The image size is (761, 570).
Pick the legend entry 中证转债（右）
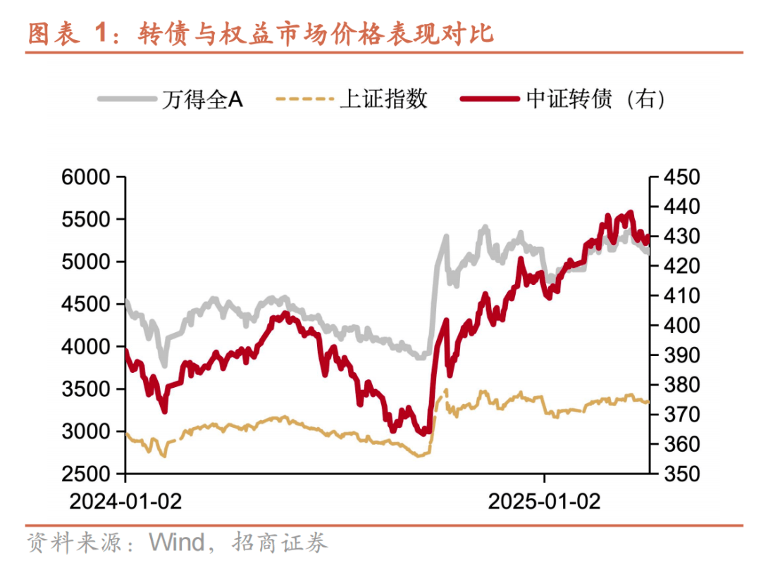pyautogui.click(x=595, y=99)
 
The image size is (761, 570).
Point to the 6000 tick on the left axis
pyautogui.click(x=89, y=177)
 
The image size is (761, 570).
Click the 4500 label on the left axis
pyautogui.click(x=89, y=304)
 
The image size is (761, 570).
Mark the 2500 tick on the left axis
pyautogui.click(x=89, y=474)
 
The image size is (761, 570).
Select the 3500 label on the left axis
pyautogui.click(x=89, y=389)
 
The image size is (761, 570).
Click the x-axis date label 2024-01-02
pyautogui.click(x=125, y=501)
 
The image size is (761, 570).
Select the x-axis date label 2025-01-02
pyautogui.click(x=545, y=501)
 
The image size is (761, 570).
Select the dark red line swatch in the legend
pyautogui.click(x=491, y=99)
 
